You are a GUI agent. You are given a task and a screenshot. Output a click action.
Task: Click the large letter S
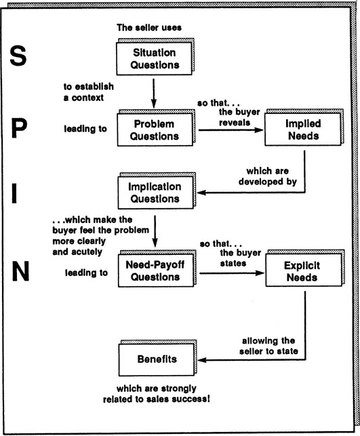18,56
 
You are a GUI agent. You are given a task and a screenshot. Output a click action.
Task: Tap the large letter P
19,128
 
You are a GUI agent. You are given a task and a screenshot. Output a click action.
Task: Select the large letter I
14,194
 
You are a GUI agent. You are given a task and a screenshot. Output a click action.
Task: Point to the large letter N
20,271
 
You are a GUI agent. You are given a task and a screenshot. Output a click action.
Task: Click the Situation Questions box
154,59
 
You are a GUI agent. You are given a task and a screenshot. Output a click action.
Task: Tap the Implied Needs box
303,130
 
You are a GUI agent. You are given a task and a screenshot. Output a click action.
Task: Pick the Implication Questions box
155,193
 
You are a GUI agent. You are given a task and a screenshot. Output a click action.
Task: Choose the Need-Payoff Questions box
156,271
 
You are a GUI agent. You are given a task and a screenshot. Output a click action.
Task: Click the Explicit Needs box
304,270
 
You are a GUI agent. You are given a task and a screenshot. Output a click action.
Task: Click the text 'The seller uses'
149,28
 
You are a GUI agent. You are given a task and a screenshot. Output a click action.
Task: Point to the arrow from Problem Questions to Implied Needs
231,130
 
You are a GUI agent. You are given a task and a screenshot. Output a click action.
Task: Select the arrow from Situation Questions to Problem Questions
153,94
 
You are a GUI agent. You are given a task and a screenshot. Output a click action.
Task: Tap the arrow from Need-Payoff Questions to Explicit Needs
232,273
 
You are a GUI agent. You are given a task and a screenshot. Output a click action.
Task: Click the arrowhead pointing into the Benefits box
202,360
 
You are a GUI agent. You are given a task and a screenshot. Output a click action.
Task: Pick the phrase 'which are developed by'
267,176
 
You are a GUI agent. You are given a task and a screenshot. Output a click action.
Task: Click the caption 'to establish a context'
88,92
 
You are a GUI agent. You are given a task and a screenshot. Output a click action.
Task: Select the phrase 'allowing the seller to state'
268,346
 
